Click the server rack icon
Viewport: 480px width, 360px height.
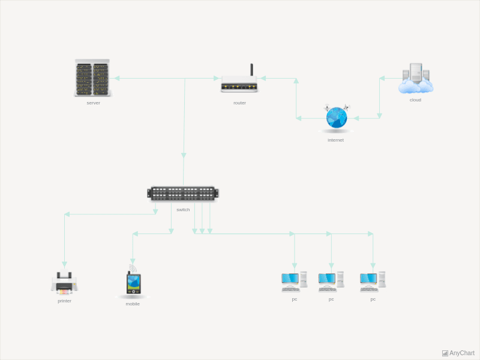point(92,78)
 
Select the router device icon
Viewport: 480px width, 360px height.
point(239,85)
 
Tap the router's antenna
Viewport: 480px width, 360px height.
point(251,70)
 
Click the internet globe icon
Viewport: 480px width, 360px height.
point(336,118)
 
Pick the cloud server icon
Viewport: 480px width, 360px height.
point(415,79)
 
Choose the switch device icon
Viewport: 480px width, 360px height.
point(183,193)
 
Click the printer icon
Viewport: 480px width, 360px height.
point(64,283)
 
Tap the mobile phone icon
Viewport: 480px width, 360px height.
point(133,283)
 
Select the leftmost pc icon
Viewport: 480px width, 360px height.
point(294,281)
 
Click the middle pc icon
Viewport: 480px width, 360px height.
point(331,281)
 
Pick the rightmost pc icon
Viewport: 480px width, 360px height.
point(373,281)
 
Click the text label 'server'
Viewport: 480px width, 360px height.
point(93,103)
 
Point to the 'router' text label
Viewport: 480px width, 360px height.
point(239,103)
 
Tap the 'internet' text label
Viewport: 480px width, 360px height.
point(335,140)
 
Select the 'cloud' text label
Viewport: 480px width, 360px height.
point(415,100)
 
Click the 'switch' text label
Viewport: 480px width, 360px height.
point(183,209)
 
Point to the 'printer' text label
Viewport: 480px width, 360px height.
point(64,301)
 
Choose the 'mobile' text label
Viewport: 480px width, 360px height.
point(133,304)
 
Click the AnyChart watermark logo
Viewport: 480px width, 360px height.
point(458,353)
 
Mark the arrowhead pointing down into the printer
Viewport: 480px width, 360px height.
point(64,264)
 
